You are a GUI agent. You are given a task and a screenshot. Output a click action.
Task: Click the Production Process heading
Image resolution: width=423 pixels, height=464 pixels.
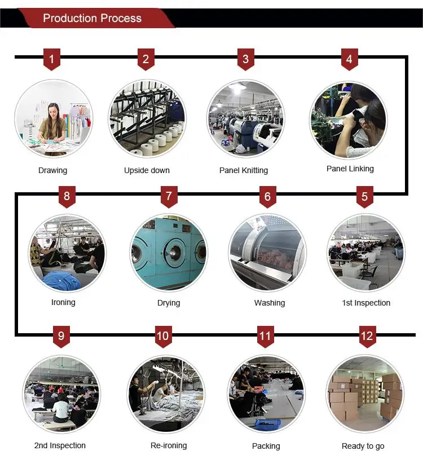[92, 18]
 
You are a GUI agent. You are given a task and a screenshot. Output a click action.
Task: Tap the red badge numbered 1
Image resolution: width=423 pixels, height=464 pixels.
[52, 59]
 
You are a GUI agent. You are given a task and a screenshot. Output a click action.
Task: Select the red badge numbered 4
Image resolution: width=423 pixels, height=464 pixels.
[349, 59]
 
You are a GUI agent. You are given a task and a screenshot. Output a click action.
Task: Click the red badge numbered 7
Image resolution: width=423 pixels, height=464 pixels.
[168, 197]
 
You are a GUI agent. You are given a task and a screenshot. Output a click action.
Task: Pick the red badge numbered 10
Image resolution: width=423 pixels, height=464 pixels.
[162, 337]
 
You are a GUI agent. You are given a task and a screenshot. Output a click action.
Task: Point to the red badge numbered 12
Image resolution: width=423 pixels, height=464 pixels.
[367, 337]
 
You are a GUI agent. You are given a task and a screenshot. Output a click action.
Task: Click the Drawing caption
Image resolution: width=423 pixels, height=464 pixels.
[52, 170]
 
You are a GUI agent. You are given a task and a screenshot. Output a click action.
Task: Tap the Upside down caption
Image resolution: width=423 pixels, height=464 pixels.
[147, 170]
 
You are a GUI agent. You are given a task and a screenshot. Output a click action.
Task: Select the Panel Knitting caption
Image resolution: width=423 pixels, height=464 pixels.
[244, 170]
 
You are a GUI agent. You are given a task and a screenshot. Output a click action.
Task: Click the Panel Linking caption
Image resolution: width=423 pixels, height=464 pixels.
[350, 169]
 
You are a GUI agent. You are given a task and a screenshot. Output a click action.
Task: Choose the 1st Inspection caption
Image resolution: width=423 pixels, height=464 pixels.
[366, 303]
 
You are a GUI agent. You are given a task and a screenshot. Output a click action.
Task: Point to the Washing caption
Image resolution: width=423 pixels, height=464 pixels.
[270, 303]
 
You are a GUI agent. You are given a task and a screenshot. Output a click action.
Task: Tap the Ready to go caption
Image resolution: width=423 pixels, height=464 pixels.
[363, 446]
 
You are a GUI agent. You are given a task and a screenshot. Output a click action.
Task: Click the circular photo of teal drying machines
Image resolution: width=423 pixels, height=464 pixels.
[169, 253]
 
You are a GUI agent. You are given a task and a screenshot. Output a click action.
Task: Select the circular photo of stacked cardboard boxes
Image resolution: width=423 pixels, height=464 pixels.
[364, 394]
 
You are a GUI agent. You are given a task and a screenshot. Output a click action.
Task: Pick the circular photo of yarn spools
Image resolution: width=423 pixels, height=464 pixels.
[147, 118]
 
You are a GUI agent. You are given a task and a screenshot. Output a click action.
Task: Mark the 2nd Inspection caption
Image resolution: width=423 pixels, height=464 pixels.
[60, 445]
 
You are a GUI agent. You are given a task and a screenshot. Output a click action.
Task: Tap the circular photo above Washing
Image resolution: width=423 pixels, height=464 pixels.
[267, 253]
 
